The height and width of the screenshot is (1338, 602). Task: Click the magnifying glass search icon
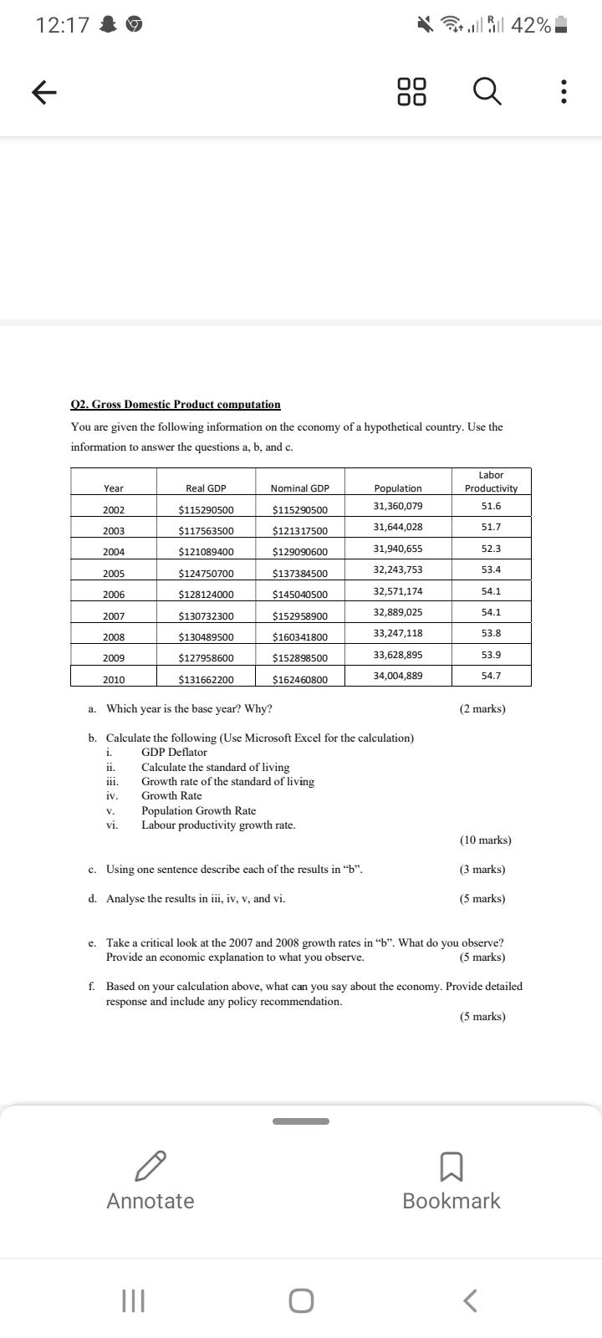488,92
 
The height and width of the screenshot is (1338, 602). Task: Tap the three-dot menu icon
564,92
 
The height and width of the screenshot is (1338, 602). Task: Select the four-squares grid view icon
412,92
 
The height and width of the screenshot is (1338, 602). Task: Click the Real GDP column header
206,488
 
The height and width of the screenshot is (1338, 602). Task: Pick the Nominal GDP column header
300,488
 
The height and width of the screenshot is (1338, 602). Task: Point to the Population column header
398,488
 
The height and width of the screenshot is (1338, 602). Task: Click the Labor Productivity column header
491,482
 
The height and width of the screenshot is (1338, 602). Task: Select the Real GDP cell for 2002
206,510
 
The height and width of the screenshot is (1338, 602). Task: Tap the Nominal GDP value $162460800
300,680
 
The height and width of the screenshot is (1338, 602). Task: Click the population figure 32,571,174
398,591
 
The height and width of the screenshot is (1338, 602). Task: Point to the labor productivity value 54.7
491,675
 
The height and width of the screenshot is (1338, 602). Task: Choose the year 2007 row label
114,616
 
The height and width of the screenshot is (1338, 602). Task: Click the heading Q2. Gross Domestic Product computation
176,405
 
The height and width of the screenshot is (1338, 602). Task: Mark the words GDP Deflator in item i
174,752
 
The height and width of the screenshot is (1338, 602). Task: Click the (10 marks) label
485,840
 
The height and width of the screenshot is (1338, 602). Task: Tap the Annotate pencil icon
150,1164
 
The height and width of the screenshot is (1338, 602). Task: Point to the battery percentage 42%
531,26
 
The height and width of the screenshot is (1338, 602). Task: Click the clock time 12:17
63,26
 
